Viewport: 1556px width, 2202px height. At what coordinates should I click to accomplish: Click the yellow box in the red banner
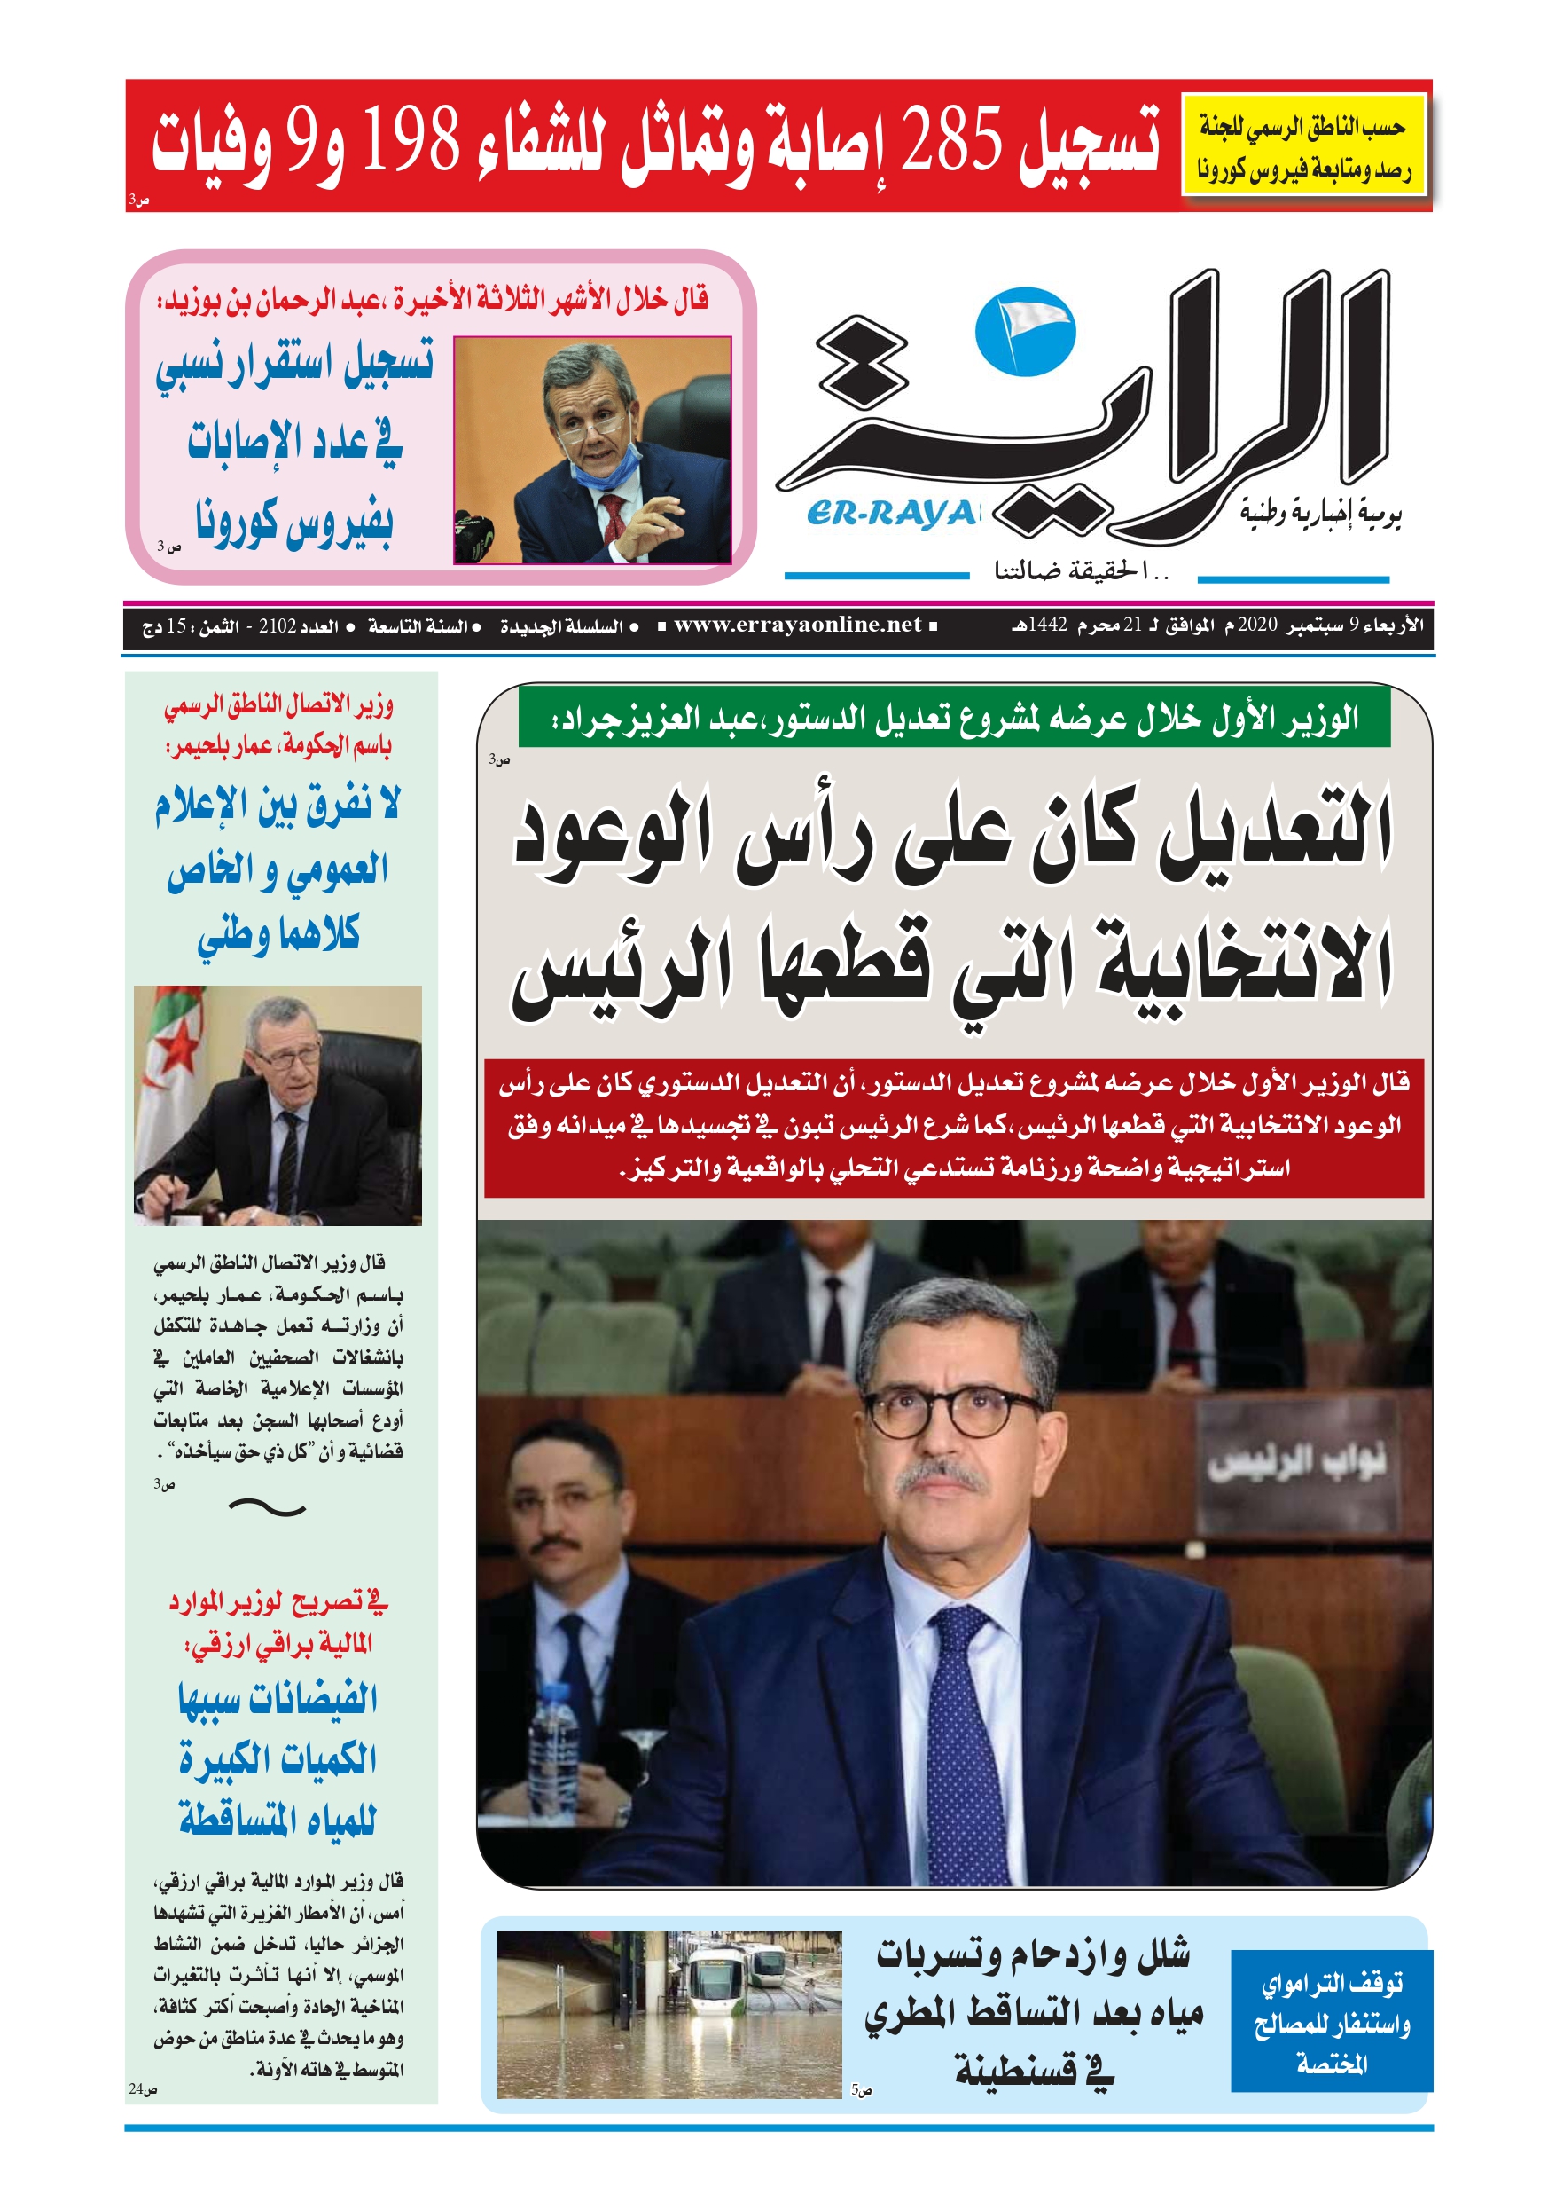pos(1304,145)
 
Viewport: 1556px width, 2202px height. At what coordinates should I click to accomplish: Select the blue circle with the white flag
pos(1025,331)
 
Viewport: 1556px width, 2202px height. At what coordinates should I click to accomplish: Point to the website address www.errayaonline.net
pos(797,625)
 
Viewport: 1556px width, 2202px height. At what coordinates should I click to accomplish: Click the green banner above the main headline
pos(953,718)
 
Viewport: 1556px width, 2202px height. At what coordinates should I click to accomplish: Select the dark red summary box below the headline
pos(953,1126)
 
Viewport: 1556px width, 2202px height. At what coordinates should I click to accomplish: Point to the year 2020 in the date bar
pos(1257,625)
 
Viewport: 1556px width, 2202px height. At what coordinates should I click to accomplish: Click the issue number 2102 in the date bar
pos(278,626)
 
